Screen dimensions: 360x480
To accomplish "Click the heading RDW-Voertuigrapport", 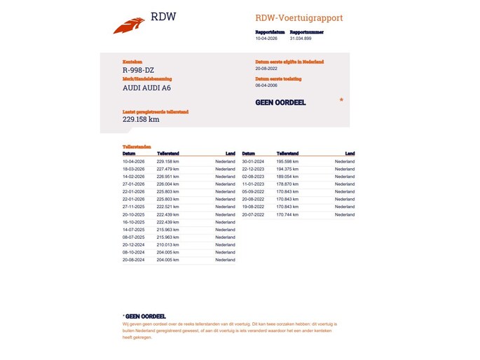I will [299, 18].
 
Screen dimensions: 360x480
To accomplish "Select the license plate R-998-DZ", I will [139, 70].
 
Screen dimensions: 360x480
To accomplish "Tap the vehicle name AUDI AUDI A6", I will [146, 88].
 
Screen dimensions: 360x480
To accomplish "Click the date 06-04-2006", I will [267, 85].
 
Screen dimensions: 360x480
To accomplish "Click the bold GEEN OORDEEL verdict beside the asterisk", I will [281, 102].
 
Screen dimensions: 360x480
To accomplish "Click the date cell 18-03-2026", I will [133, 169].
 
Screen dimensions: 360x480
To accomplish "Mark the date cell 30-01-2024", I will [252, 161].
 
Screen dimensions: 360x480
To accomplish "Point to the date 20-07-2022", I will [252, 214].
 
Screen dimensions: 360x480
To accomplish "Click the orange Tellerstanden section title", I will [137, 147].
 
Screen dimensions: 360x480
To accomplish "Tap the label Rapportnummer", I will [306, 32].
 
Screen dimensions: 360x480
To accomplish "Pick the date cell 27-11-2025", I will [133, 207].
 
